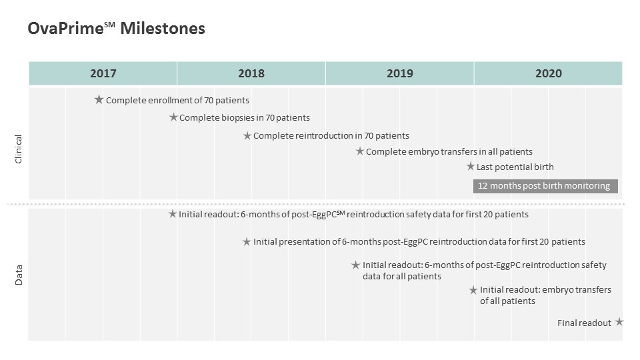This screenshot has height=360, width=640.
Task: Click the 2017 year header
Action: coord(103,73)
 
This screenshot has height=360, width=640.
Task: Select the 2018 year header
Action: coord(251,73)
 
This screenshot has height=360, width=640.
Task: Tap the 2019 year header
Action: coord(399,73)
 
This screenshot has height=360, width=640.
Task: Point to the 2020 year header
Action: coord(548,73)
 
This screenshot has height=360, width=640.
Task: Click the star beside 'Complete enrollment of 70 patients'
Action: coord(99,99)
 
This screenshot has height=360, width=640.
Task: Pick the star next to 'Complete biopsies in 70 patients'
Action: coord(173,117)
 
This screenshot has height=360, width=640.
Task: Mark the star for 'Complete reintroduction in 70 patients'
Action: coord(247,135)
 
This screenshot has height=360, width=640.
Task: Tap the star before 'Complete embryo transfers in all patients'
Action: coord(359,151)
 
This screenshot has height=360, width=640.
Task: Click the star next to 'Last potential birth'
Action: coord(471,167)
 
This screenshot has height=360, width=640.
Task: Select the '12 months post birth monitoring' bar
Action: coord(545,186)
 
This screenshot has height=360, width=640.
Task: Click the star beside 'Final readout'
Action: coord(619,322)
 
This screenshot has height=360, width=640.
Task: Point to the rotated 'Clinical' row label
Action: coord(19,149)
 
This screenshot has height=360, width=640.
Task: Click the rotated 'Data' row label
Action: coord(19,275)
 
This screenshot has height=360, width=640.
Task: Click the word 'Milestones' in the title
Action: coord(163,29)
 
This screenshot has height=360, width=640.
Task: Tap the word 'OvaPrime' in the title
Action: coord(65,29)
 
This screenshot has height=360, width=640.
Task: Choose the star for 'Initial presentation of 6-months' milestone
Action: coord(247,242)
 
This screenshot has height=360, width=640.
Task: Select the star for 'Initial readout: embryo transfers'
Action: coord(473,290)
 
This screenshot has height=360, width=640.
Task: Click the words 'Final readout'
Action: coord(584,323)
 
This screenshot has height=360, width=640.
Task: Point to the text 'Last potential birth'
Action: coord(515,167)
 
